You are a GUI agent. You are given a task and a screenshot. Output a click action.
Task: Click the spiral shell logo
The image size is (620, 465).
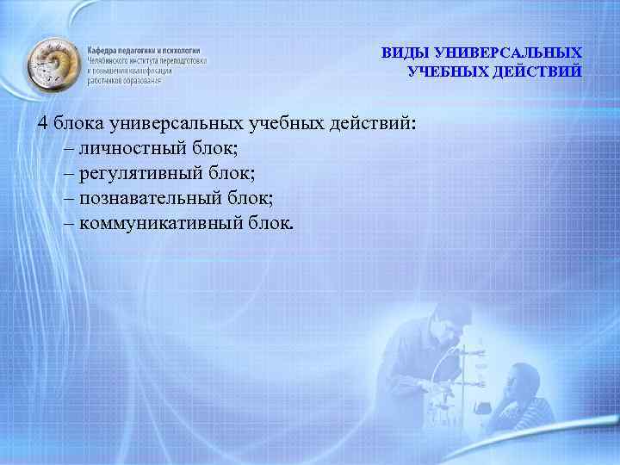[53, 65]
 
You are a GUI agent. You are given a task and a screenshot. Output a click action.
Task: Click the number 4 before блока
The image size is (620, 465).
[43, 123]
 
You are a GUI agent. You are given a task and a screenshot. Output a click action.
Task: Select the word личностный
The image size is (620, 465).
[133, 149]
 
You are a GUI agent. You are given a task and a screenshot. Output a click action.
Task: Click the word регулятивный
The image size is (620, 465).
[141, 174]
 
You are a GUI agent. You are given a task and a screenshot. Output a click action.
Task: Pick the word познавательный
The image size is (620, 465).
[150, 199]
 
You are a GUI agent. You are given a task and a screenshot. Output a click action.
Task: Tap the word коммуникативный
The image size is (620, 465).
[161, 224]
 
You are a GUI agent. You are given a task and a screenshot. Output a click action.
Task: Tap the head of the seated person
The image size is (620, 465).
[522, 382]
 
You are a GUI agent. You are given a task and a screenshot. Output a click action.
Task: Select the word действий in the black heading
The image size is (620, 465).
[373, 123]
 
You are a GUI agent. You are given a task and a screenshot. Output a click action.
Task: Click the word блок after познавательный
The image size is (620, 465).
[250, 199]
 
